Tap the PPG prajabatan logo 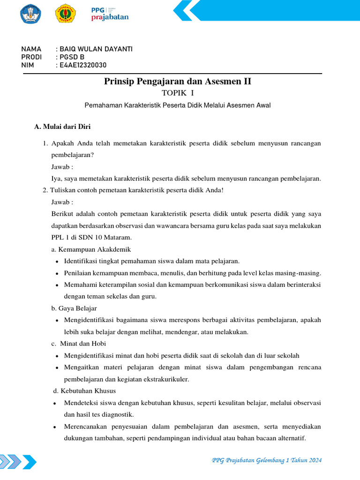coord(109,14)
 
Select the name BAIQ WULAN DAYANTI coord(96,49)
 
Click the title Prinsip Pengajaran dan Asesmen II coord(177,82)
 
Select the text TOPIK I coord(177,94)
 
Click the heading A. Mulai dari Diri coord(63,127)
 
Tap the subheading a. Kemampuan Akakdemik coord(91,249)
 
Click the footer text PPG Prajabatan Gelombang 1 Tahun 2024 coord(267,460)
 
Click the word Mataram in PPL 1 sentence coord(118,238)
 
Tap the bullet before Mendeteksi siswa coord(55,403)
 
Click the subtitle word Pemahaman coord(103,105)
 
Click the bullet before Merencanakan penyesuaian coord(55,427)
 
